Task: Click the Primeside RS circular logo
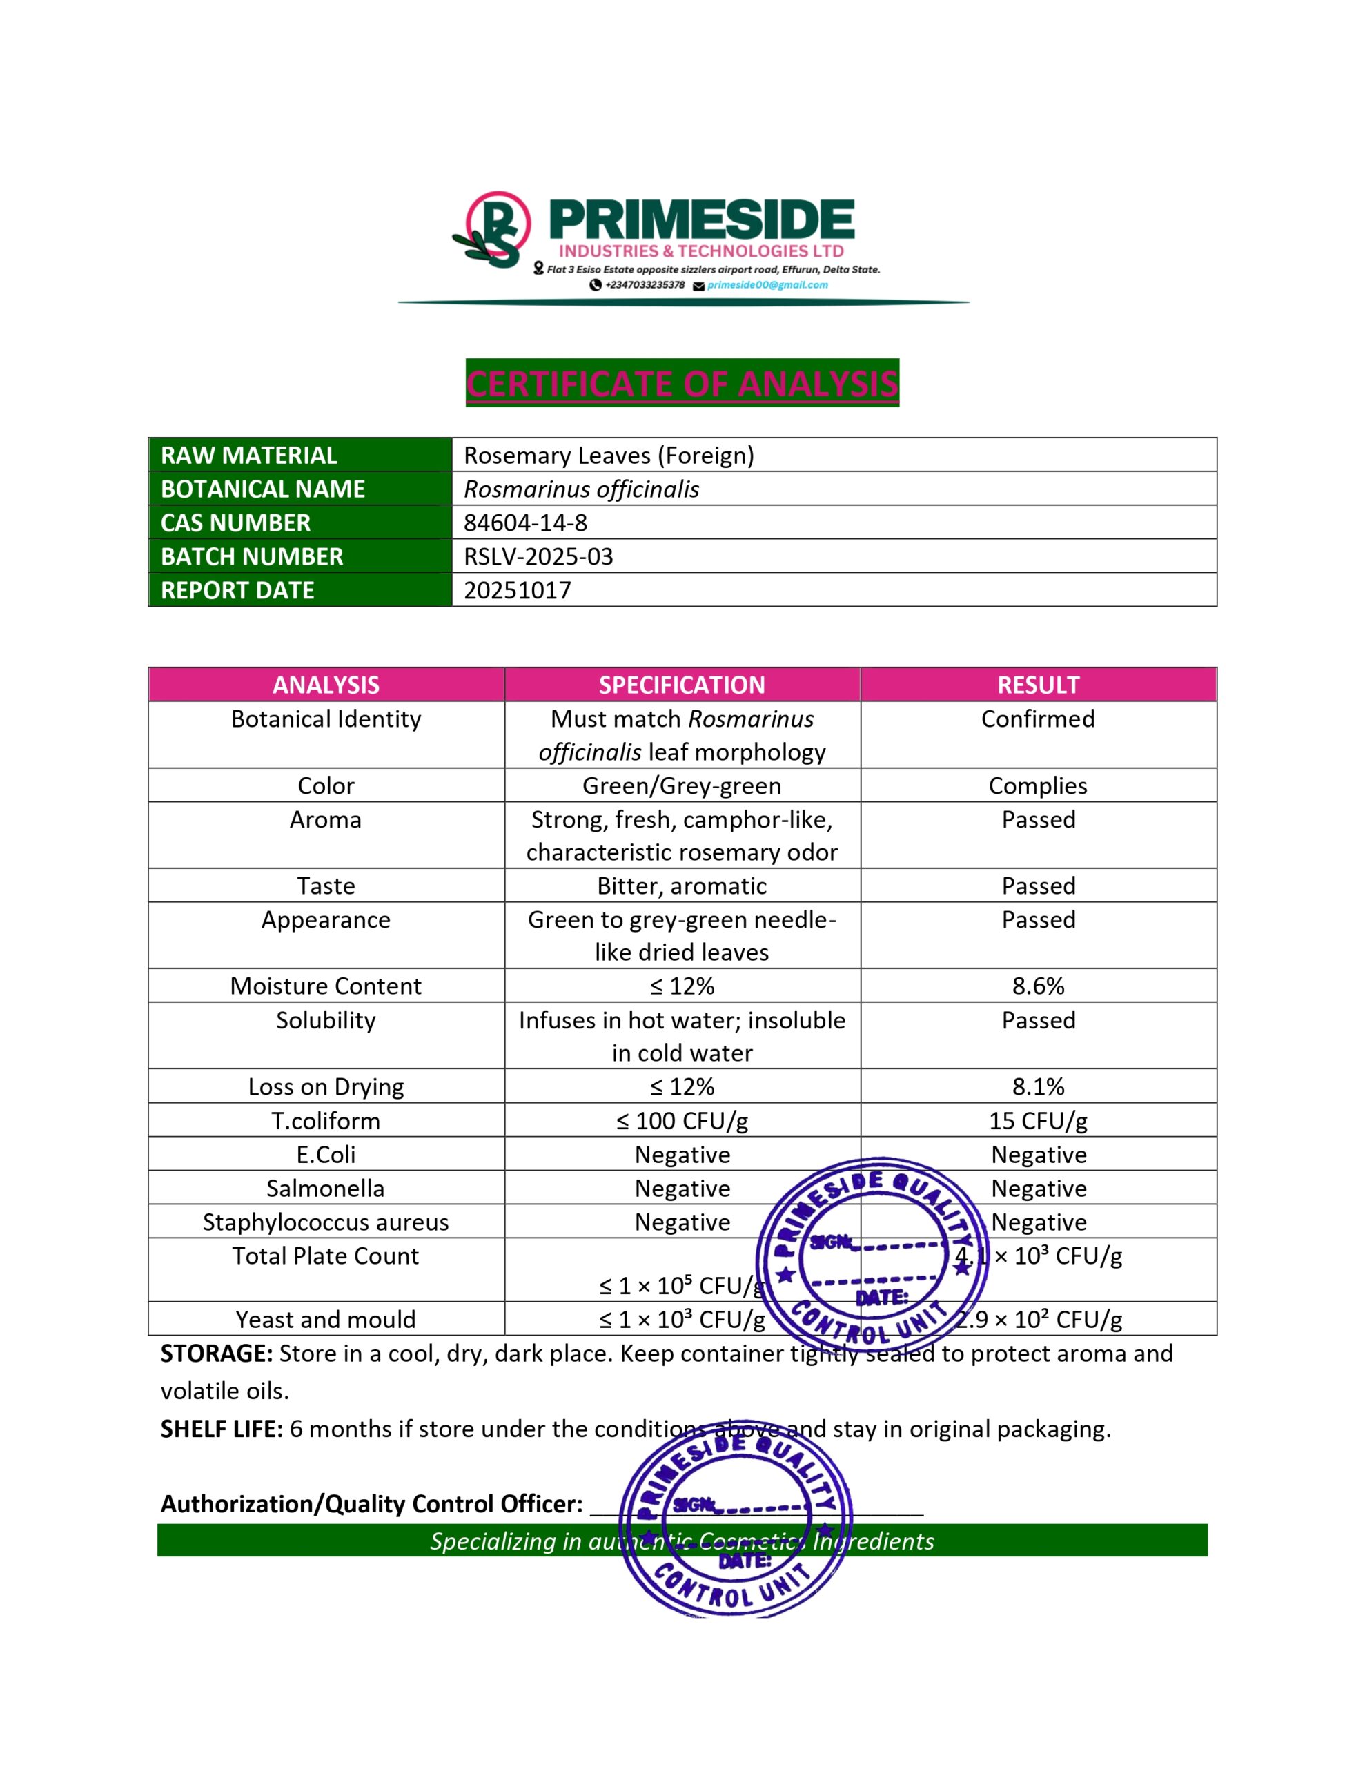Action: [493, 230]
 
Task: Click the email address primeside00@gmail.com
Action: [767, 285]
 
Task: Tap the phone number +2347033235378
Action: [644, 285]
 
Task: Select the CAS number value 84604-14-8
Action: [525, 523]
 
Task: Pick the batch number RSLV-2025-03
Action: [538, 556]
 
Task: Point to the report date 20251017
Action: [517, 591]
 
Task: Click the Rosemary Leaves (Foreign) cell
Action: [609, 456]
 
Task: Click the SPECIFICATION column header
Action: [681, 685]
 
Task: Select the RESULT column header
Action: [1038, 685]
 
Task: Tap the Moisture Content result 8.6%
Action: [1038, 986]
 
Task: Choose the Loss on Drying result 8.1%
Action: [1038, 1086]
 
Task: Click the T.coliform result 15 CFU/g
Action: [1038, 1120]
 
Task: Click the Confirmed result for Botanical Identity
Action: [1038, 719]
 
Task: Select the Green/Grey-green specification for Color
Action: [681, 785]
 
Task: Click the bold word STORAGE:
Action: [216, 1354]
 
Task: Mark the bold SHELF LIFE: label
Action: [222, 1429]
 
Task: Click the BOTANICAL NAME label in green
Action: [263, 489]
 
